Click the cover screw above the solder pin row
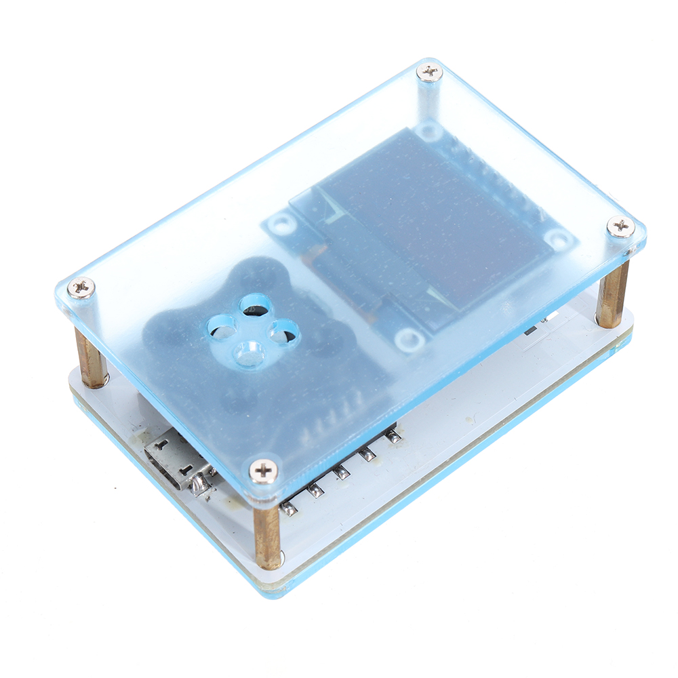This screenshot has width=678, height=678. [x=263, y=468]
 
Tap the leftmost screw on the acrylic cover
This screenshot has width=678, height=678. [x=81, y=287]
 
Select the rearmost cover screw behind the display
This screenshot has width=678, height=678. [x=429, y=72]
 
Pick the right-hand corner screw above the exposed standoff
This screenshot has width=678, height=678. [x=620, y=226]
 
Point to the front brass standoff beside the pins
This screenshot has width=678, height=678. [x=268, y=536]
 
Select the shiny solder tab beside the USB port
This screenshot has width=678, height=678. [x=201, y=483]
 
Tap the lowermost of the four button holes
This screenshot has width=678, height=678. [x=249, y=353]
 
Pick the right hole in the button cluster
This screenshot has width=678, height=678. [x=283, y=331]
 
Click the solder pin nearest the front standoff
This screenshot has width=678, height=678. [x=289, y=508]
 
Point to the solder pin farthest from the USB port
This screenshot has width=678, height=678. [x=393, y=436]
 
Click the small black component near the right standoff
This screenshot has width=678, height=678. [x=531, y=330]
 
